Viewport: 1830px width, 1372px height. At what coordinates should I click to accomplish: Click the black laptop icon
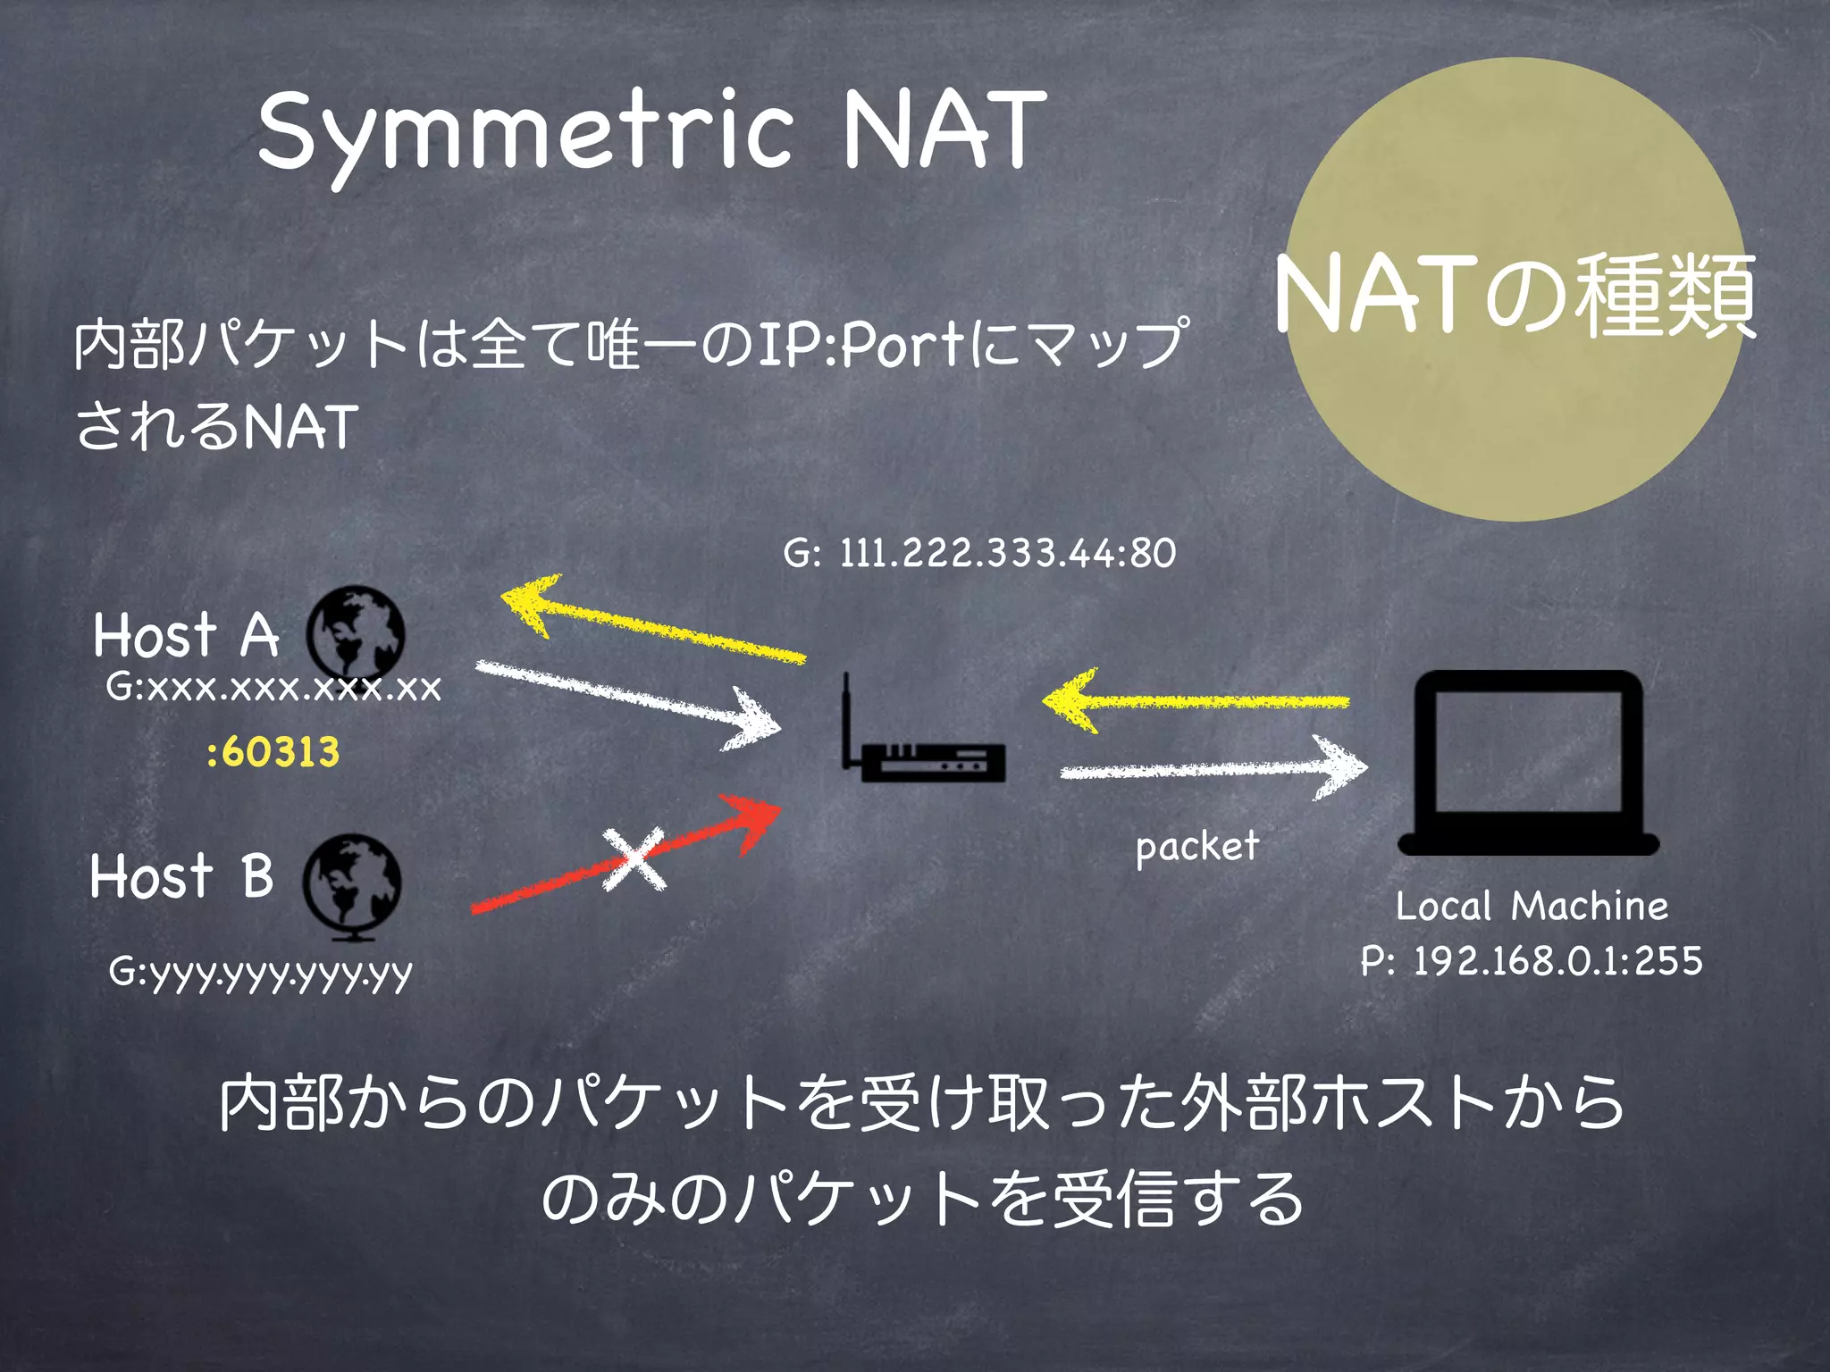click(1528, 764)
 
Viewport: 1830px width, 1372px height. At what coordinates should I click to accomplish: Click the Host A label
click(186, 635)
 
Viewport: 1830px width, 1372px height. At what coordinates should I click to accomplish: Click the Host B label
click(181, 875)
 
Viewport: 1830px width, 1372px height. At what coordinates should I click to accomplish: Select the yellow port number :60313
click(273, 752)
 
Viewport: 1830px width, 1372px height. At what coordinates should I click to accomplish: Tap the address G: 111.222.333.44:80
click(979, 553)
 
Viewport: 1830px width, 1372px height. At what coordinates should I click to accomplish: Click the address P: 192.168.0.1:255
click(1532, 961)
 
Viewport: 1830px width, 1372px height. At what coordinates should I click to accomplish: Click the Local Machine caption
click(1532, 906)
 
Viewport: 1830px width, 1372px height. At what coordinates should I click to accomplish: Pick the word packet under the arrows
click(1196, 846)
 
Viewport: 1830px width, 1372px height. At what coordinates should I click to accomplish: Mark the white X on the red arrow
click(634, 859)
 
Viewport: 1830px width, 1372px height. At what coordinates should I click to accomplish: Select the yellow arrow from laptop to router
click(1196, 701)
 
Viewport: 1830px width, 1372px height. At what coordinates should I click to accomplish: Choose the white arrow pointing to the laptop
click(1213, 768)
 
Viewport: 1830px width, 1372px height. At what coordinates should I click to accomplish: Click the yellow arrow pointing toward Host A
click(652, 623)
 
